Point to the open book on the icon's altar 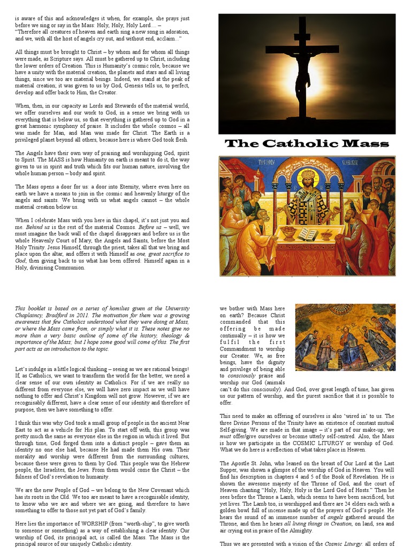coord(308,233)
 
